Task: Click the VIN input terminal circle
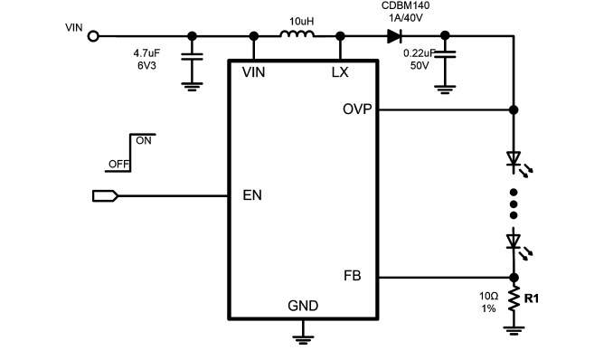(x=93, y=36)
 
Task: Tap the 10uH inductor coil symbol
(x=297, y=34)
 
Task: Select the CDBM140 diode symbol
(x=394, y=36)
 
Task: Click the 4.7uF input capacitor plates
(x=192, y=57)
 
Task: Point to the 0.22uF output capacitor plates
(x=445, y=54)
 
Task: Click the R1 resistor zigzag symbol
(x=514, y=298)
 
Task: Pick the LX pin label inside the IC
(x=340, y=72)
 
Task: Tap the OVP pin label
(x=357, y=109)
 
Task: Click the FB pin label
(x=353, y=276)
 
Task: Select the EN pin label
(x=252, y=195)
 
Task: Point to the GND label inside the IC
(x=303, y=306)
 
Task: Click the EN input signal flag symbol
(x=105, y=195)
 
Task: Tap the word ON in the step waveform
(x=144, y=141)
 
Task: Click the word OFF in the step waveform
(x=118, y=165)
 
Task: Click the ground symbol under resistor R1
(x=514, y=331)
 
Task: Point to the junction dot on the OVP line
(x=514, y=110)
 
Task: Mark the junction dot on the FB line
(x=514, y=278)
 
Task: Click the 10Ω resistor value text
(x=488, y=296)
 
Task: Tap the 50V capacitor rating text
(x=420, y=65)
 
